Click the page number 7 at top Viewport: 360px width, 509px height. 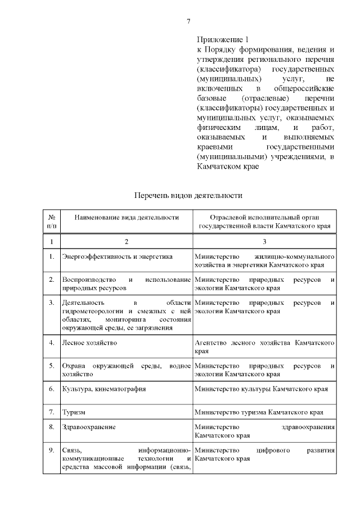tap(189, 21)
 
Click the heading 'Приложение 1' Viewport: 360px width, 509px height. tap(222, 39)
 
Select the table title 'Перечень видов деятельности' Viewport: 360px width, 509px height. tap(188, 196)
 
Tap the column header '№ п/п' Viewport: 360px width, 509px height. tap(51, 221)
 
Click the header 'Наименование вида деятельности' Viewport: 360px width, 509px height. tap(126, 217)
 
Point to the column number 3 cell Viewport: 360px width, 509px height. tap(264, 241)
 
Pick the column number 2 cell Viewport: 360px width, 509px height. tap(126, 241)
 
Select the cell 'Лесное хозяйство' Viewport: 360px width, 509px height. tap(90, 342)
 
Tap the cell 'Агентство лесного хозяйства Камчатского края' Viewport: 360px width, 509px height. tap(264, 346)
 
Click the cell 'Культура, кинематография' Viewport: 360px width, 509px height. tap(104, 389)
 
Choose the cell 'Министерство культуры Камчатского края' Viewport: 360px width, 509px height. tap(261, 389)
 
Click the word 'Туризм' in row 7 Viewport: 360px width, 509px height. tap(74, 411)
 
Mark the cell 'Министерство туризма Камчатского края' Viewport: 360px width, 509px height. tap(259, 411)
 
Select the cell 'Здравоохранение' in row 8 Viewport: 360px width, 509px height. tap(89, 427)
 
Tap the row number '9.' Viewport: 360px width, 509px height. tap(51, 450)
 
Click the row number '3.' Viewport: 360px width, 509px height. tap(51, 303)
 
